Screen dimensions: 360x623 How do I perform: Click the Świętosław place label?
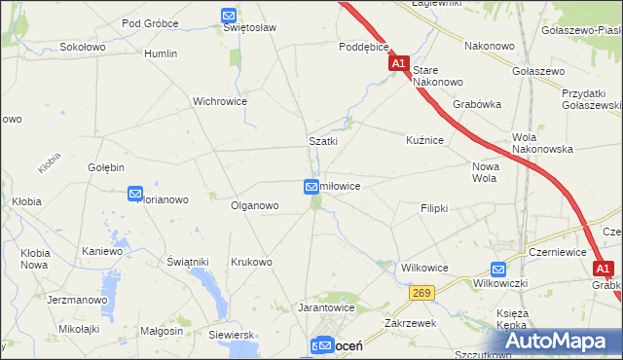click(250, 27)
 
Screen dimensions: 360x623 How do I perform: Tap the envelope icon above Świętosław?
click(228, 15)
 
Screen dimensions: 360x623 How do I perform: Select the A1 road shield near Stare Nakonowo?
click(398, 63)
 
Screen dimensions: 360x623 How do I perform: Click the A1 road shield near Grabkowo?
click(604, 269)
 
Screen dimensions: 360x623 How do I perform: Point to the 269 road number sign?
click(421, 291)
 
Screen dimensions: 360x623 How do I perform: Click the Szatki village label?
click(323, 141)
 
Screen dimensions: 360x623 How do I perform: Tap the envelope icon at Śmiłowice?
click(311, 186)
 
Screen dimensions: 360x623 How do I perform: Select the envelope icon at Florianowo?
click(135, 194)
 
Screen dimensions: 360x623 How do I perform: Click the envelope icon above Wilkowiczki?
click(498, 270)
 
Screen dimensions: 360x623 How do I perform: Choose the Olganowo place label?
click(255, 206)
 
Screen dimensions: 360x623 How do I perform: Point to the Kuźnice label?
click(425, 141)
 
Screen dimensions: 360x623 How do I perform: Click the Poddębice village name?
click(364, 46)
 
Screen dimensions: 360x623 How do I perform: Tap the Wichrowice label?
click(220, 101)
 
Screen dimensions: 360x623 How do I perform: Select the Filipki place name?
click(434, 209)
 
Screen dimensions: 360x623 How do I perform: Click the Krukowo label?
click(251, 262)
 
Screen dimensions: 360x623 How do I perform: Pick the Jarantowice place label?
click(326, 307)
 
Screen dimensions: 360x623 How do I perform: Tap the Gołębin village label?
click(107, 167)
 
